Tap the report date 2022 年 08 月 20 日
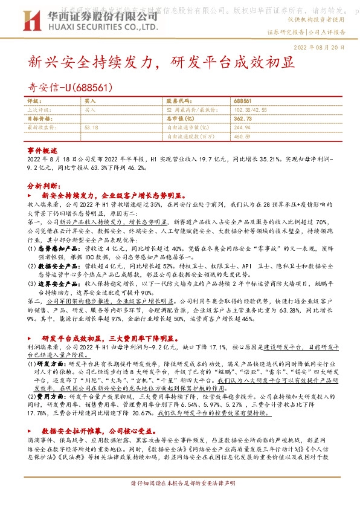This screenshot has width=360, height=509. (320, 47)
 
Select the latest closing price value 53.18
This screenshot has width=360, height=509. (92, 128)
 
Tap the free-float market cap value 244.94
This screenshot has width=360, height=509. (241, 128)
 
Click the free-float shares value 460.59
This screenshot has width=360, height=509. (241, 137)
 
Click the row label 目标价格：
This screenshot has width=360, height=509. (41, 119)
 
